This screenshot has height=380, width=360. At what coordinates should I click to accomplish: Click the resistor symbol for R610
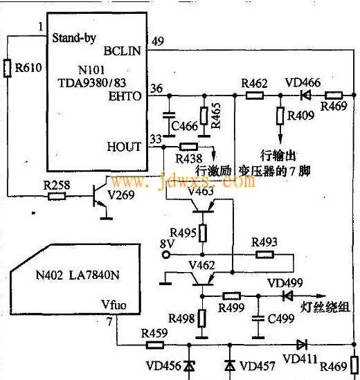(x=8, y=68)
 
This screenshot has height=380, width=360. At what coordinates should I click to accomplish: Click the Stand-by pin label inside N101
(x=74, y=38)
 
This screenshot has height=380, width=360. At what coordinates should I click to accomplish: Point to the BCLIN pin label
(x=122, y=51)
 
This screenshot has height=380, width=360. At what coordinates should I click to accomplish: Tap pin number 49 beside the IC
(x=158, y=42)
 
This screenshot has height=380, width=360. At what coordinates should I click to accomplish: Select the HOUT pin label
(x=124, y=147)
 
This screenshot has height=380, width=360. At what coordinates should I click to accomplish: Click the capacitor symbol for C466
(x=169, y=116)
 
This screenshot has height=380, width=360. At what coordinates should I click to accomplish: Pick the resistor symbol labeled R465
(x=204, y=116)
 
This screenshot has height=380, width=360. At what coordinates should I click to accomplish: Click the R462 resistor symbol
(x=255, y=96)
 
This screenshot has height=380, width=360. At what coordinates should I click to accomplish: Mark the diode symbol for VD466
(x=306, y=96)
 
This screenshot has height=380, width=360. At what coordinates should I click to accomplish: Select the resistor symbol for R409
(x=280, y=116)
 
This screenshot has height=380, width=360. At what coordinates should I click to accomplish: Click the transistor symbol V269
(x=100, y=196)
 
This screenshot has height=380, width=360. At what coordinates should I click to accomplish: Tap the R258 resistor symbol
(x=57, y=196)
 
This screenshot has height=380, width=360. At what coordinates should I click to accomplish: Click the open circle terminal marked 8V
(x=166, y=255)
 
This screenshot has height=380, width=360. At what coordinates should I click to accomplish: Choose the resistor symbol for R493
(x=264, y=255)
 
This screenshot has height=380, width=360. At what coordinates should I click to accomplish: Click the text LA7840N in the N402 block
(x=94, y=275)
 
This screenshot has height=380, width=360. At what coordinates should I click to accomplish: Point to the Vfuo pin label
(x=114, y=305)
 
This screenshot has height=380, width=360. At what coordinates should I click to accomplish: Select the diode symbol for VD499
(x=288, y=296)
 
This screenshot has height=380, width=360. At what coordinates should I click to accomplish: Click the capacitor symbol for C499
(x=258, y=318)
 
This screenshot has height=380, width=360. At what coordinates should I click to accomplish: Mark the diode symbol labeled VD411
(x=302, y=345)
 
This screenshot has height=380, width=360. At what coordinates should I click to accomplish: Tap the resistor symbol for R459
(x=154, y=345)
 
